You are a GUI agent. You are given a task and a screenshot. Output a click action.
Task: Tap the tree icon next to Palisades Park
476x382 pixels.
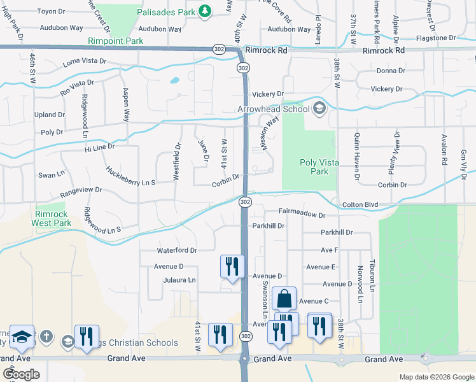205,11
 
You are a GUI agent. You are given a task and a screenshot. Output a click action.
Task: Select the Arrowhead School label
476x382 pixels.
274,110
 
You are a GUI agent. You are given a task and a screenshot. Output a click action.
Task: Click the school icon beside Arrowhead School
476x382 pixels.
319,108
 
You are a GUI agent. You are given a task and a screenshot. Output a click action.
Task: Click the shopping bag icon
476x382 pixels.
284,299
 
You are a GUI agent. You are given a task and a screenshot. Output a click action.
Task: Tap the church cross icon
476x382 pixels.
46,336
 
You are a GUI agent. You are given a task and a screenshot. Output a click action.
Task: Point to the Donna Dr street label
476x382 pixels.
391,71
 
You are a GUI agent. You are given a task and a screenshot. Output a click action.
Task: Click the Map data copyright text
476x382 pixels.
435,377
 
